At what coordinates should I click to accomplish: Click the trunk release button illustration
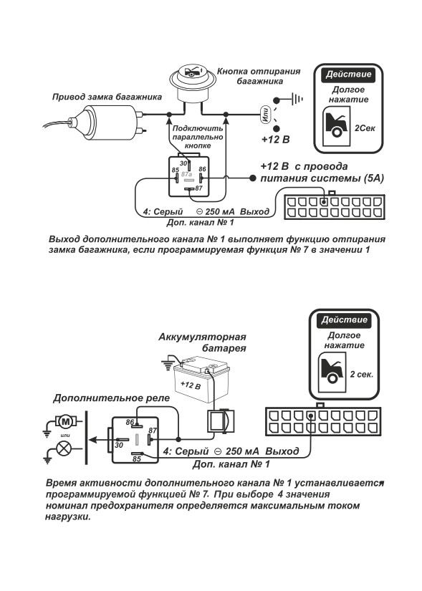(x=192, y=83)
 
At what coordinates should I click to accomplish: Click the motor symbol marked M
(x=66, y=421)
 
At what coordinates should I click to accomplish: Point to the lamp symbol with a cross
(x=62, y=449)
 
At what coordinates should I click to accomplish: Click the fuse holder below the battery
(x=219, y=421)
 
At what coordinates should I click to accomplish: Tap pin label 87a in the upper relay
(x=187, y=175)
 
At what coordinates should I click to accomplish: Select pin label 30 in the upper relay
(x=183, y=163)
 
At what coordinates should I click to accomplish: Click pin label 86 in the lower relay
(x=130, y=422)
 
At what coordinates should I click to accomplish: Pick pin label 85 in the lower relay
(x=137, y=458)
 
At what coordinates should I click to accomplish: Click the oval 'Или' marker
(x=265, y=114)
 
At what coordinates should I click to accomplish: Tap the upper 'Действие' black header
(x=348, y=75)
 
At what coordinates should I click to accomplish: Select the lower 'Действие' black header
(x=344, y=320)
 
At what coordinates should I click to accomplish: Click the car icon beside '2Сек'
(x=336, y=126)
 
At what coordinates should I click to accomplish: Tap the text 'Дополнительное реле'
(x=111, y=398)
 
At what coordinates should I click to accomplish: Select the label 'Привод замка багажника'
(x=107, y=97)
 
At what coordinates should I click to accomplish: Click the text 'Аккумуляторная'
(x=202, y=337)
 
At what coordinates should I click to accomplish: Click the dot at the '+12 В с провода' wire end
(x=253, y=178)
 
